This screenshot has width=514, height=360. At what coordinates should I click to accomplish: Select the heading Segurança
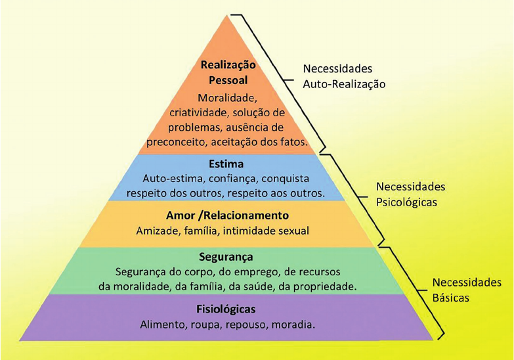[x=225, y=257]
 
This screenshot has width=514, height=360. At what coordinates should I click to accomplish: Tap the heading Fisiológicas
[x=225, y=309]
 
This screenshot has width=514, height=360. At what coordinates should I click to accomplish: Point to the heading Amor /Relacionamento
[x=227, y=215]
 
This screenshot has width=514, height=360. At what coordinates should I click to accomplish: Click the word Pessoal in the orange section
[x=228, y=79]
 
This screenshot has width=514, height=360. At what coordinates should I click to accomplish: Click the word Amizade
[x=157, y=231]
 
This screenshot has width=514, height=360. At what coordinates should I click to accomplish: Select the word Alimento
[x=163, y=325]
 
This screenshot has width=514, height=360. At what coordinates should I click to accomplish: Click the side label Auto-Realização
[x=344, y=84]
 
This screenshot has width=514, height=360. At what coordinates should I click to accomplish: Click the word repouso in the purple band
[x=243, y=325]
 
